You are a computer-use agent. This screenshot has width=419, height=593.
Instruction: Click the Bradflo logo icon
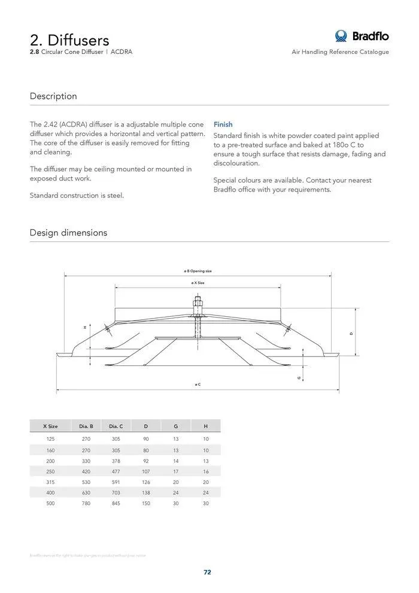tap(341, 36)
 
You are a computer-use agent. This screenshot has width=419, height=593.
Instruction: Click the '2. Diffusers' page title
tap(69, 40)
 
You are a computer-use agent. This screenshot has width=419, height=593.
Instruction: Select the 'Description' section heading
tap(53, 96)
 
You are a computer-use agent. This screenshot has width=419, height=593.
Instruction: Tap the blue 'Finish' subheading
tap(223, 125)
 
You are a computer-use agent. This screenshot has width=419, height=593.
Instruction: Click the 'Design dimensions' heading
tap(68, 232)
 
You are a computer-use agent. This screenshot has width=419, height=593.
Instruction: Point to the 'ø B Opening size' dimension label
tap(198, 271)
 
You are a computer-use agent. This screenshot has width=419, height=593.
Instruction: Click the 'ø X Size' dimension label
tap(198, 282)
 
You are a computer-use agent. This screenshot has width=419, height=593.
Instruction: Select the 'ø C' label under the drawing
tap(198, 384)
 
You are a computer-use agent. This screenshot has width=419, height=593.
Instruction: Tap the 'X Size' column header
tap(50, 426)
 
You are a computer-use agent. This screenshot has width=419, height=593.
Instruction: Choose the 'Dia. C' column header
tap(116, 426)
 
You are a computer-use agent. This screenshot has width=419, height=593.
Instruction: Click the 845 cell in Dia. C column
tap(116, 503)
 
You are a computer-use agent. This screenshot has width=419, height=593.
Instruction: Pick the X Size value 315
tap(50, 482)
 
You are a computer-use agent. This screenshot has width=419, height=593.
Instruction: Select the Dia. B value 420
tap(86, 471)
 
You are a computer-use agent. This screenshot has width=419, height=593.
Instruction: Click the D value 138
tap(146, 492)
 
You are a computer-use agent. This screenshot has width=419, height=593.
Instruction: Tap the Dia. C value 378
tap(116, 461)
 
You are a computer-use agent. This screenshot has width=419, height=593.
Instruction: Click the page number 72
tap(207, 572)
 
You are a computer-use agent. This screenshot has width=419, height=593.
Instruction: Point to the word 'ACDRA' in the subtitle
tap(122, 52)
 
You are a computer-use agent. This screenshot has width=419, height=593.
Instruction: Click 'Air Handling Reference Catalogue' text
tap(340, 52)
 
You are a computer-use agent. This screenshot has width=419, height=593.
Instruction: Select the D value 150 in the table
tap(146, 503)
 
